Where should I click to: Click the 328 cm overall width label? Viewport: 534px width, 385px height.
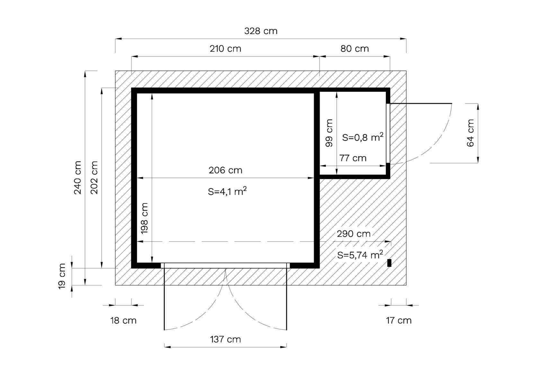click(x=261, y=31)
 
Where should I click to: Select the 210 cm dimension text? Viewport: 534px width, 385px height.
click(x=226, y=49)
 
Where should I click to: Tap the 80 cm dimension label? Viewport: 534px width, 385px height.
click(x=354, y=49)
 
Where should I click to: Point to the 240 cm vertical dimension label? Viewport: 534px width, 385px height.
click(x=78, y=178)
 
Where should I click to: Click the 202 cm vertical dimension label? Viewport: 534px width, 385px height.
click(x=94, y=178)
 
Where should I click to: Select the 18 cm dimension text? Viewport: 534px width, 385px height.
click(x=123, y=321)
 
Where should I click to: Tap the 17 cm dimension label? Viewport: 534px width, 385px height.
click(x=399, y=321)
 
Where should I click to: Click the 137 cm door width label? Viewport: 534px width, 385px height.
click(x=226, y=339)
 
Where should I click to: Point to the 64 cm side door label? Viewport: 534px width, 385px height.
click(x=470, y=133)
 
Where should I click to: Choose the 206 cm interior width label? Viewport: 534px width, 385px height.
click(x=226, y=170)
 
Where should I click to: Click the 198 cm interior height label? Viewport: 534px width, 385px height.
click(x=145, y=218)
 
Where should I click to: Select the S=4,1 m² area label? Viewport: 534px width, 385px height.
click(x=227, y=191)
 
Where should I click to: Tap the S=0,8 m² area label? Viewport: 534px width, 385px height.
click(x=363, y=137)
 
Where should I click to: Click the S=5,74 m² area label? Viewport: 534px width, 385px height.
click(x=360, y=255)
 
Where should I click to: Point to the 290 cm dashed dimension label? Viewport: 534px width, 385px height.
click(x=353, y=234)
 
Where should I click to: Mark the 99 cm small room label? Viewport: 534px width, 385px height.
click(x=329, y=133)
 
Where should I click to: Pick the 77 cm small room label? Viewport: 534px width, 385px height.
click(x=353, y=158)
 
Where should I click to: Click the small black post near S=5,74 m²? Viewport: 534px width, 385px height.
click(x=389, y=263)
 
